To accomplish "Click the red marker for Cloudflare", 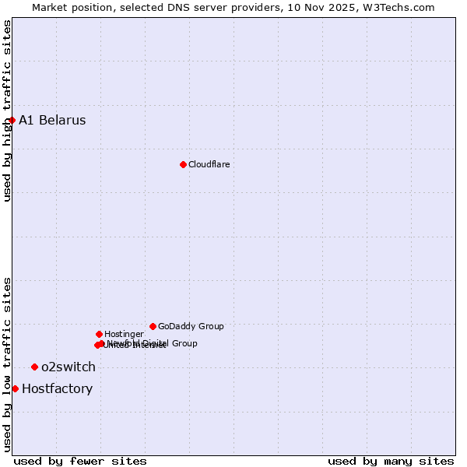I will point(183,164).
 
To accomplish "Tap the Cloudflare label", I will point(209,165).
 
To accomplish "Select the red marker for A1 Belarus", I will point(12,120).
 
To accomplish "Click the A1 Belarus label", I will point(52,121).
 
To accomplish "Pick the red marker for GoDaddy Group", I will point(153,326).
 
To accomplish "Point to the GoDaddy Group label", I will point(191,327).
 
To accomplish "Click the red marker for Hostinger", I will point(99,334).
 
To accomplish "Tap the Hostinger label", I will point(124,335).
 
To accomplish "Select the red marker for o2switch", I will point(34,367).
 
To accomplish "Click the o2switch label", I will point(68,367).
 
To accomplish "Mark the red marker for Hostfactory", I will point(15,388).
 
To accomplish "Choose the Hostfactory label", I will point(57,389).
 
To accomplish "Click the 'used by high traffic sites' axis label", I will point(7,111).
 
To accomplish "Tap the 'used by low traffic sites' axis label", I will point(7,363).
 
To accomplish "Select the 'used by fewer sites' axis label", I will point(80,461).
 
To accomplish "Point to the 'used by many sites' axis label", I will point(391,461).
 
